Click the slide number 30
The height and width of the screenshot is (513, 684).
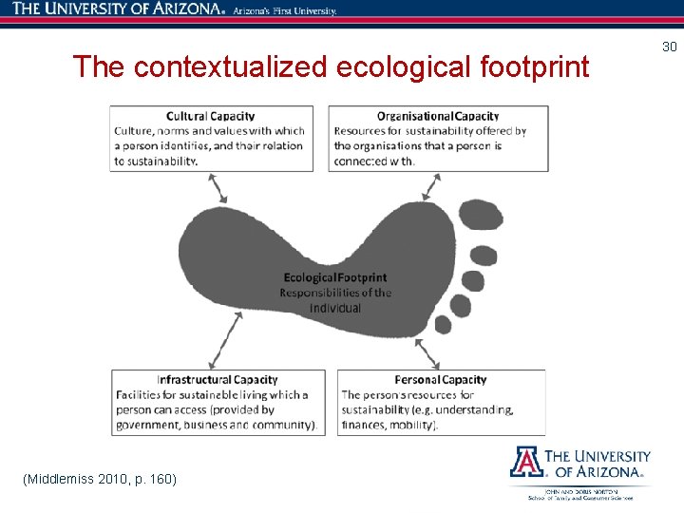pyautogui.click(x=669, y=47)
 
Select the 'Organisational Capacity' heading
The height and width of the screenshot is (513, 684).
pyautogui.click(x=438, y=117)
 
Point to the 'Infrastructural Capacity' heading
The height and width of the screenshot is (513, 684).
pyautogui.click(x=218, y=380)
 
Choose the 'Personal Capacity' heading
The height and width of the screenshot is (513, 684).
pyautogui.click(x=441, y=380)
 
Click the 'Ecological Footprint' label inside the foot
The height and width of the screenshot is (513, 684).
pyautogui.click(x=335, y=277)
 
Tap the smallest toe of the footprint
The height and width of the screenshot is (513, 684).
pyautogui.click(x=443, y=324)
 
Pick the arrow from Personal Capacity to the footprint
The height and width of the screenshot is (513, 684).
pyautogui.click(x=428, y=351)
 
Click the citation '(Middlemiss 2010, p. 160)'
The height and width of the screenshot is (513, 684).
pyautogui.click(x=100, y=478)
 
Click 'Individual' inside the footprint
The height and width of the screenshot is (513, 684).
pyautogui.click(x=335, y=308)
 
